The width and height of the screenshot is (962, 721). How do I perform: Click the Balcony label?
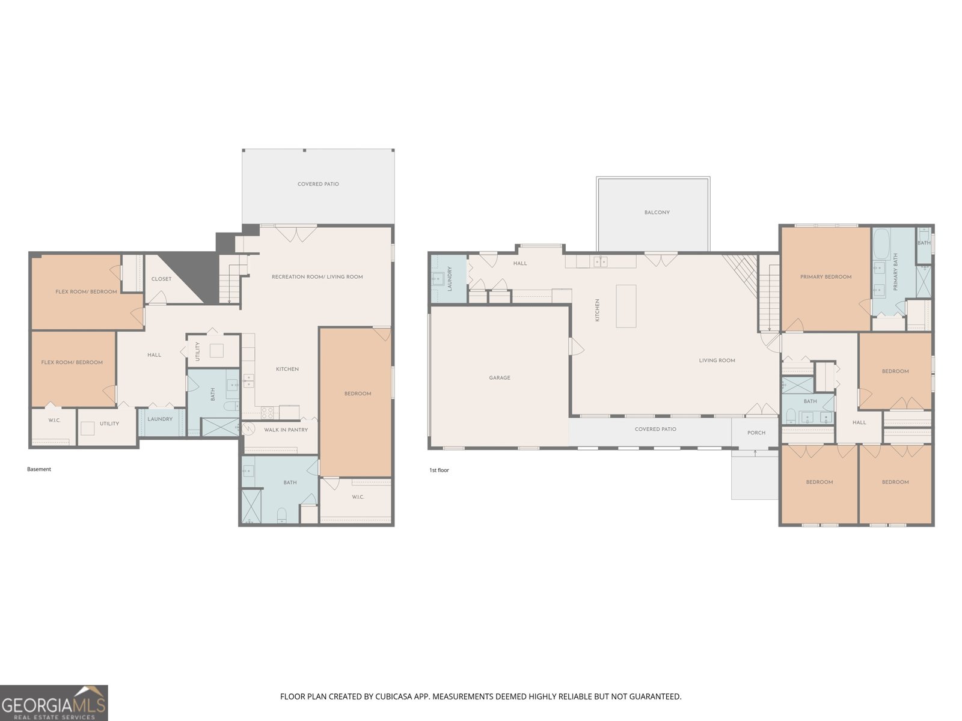(x=657, y=212)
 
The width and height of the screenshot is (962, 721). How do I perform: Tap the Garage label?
(x=499, y=377)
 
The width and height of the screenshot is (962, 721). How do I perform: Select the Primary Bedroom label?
(x=826, y=276)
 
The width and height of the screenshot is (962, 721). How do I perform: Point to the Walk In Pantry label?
(x=286, y=430)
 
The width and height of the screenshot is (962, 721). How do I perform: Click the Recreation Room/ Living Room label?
(x=317, y=276)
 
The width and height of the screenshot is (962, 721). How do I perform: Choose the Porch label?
(x=756, y=433)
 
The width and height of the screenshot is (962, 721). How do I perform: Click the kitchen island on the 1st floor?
(x=626, y=306)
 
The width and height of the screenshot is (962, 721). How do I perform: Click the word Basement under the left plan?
(x=39, y=469)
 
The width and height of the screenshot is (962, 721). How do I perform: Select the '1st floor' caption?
(x=439, y=470)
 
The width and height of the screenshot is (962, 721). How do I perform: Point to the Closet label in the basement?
(x=161, y=279)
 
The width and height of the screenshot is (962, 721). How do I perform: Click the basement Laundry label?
(x=160, y=419)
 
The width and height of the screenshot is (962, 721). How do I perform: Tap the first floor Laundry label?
(x=450, y=279)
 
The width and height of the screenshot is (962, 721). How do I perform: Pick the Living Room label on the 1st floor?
(x=717, y=360)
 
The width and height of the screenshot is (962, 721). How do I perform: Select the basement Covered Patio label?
(x=318, y=184)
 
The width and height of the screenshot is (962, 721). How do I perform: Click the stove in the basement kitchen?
(x=268, y=413)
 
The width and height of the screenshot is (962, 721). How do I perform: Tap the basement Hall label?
(x=155, y=354)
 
